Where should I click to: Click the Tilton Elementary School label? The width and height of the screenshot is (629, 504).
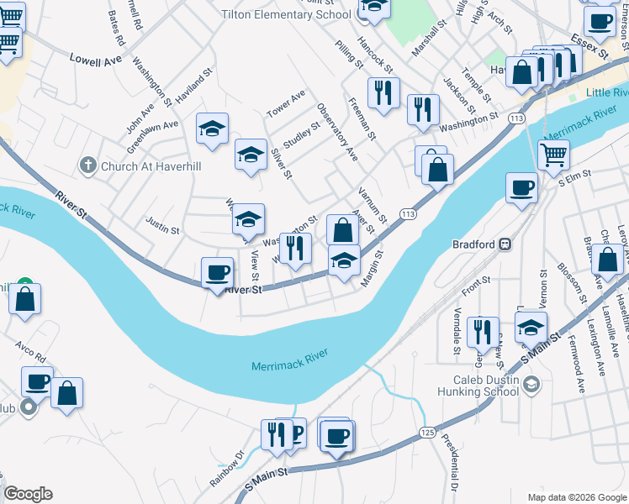point(286,14)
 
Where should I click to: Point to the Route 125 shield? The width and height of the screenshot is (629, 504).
point(427,432)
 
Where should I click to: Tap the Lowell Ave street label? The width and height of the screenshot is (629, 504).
point(96,60)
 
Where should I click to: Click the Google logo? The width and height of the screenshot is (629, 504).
point(28,494)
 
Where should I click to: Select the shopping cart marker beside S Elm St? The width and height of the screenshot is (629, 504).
point(553,154)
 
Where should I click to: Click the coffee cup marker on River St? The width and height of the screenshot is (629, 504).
point(218,272)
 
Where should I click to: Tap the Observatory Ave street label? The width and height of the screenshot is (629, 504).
point(337,133)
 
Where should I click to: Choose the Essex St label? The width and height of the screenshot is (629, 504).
point(589,45)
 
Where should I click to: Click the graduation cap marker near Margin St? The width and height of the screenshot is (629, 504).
point(344,262)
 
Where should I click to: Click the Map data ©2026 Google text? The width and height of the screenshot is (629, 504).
point(576,496)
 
